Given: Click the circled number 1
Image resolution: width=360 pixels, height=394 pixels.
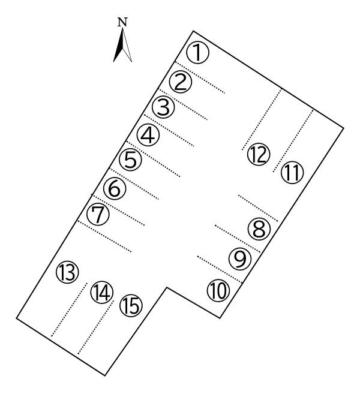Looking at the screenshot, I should [x=197, y=53].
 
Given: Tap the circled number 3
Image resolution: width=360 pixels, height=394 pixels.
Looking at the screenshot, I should [x=163, y=108].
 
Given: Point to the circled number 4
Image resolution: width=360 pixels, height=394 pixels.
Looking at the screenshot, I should [x=148, y=134].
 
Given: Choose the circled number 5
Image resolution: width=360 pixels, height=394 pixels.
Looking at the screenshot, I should [x=130, y=160].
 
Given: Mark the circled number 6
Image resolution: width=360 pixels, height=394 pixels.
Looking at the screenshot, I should [x=114, y=188].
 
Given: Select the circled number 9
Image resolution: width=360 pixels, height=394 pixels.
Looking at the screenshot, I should [x=239, y=259].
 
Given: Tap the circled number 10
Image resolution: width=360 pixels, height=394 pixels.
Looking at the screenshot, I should [x=219, y=291].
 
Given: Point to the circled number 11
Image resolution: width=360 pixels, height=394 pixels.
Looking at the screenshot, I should [x=292, y=173].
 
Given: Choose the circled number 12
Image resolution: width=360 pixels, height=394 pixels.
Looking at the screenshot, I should [x=258, y=154].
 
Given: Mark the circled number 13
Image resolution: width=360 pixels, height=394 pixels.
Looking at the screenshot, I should [x=67, y=273].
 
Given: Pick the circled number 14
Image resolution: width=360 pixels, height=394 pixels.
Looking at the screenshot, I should [x=101, y=293].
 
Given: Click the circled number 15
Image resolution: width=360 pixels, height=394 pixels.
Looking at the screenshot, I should [x=130, y=306].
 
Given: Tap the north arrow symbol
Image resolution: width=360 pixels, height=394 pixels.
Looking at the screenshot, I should [x=123, y=46].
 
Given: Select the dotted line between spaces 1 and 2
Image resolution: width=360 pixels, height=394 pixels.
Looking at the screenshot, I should [x=200, y=77].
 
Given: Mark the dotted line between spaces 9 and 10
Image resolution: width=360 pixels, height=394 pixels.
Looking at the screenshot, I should [x=220, y=270].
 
